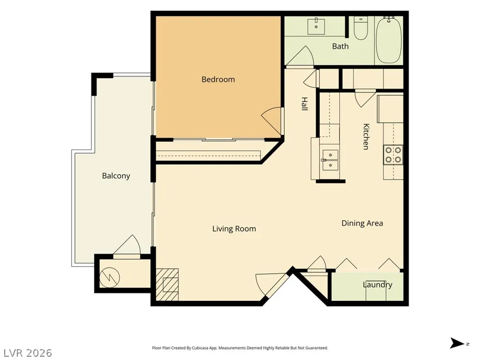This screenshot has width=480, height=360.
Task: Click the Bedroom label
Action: [218, 80]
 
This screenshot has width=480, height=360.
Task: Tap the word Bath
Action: [340, 46]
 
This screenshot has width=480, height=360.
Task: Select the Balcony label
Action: [116, 176]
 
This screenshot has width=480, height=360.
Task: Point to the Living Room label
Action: [234, 228]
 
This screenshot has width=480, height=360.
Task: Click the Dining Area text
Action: [362, 223]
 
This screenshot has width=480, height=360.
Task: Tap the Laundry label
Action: [377, 285]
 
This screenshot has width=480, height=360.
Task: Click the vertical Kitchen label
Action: [366, 136]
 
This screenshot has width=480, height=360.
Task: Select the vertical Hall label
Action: [304, 104]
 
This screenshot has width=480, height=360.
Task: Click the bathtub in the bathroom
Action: [389, 40]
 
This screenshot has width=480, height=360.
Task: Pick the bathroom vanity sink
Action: [316, 26]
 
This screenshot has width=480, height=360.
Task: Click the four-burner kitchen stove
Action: [393, 155]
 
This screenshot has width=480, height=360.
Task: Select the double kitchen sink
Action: [330, 160]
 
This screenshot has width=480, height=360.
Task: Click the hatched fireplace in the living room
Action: [167, 285]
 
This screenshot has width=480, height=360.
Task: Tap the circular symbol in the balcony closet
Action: [109, 277]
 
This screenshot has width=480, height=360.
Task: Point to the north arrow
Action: [457, 343]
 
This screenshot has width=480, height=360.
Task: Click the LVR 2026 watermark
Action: [26, 353]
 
